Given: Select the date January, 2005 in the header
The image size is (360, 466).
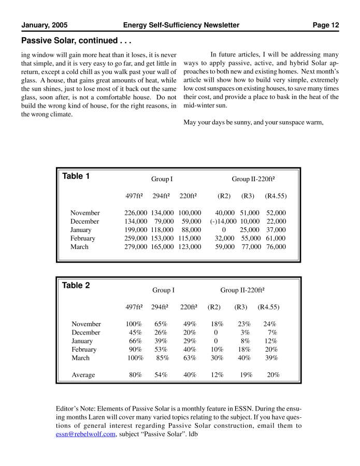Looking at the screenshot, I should pos(45,25).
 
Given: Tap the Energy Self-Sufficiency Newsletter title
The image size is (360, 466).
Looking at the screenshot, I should pos(181,25).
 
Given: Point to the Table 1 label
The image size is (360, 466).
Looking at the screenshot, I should pos(76,176).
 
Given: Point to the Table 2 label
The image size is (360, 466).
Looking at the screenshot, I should pos(76,285).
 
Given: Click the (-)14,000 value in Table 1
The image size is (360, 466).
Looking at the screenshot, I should pos(223,221).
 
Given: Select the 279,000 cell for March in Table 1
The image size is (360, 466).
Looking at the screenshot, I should pos(136,247).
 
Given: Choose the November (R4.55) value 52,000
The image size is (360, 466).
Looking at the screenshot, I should pos(276,213).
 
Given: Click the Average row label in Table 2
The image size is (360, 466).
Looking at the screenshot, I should pos(83,375).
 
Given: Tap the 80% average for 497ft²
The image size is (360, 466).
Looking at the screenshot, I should pos(135,375).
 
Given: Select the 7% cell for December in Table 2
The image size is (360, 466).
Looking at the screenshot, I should pos(272,332).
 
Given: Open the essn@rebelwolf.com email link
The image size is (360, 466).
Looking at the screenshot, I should pos(85,434).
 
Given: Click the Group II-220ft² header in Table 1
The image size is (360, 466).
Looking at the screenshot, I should pos(253,179).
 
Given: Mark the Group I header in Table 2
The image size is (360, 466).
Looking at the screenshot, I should pos(163,290).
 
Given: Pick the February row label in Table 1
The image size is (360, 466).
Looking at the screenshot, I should pos(83,238).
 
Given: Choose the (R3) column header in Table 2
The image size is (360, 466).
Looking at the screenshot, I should pos(241,307).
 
